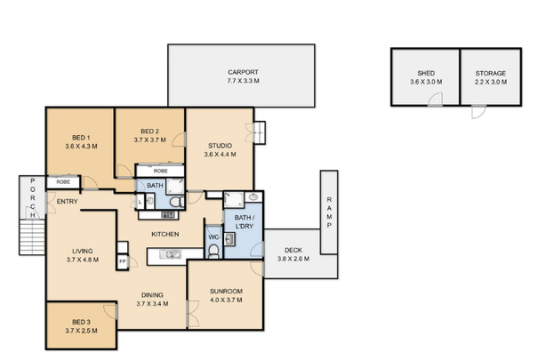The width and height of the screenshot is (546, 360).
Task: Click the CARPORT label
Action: (x=242, y=72)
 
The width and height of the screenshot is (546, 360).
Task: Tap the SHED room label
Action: (x=425, y=74)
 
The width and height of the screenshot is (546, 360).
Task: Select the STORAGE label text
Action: (x=490, y=74)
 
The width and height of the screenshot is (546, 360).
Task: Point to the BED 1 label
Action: (x=81, y=138)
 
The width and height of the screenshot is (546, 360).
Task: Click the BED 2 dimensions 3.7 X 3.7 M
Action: (x=149, y=140)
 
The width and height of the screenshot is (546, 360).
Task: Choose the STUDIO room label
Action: (x=221, y=146)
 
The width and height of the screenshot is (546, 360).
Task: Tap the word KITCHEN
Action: (x=165, y=234)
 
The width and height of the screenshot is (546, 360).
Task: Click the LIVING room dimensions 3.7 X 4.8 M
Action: (x=81, y=261)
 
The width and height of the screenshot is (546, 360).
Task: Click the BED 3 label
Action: (x=81, y=321)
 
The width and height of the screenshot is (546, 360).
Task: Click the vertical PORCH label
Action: (x=33, y=198)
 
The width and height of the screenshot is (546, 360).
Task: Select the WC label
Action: (x=212, y=236)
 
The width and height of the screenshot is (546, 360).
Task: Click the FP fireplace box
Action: (x=122, y=262)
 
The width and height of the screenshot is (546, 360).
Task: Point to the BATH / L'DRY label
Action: (x=244, y=222)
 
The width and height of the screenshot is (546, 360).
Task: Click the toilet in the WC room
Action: (x=214, y=252)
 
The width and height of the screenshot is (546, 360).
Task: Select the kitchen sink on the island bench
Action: (x=172, y=256)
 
